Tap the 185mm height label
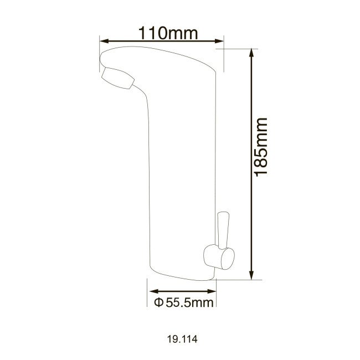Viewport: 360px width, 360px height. (x=260, y=146)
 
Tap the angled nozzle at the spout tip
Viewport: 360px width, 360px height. (x=117, y=78)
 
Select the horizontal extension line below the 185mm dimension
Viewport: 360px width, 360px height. (x=235, y=280)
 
